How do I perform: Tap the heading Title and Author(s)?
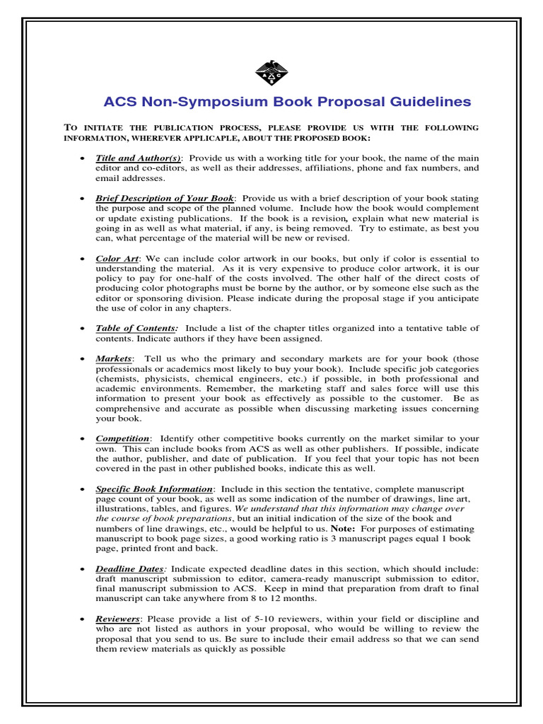pyautogui.click(x=138, y=158)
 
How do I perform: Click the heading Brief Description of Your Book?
pyautogui.click(x=164, y=198)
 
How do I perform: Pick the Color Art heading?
pyautogui.click(x=117, y=259)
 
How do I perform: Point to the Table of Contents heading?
pyautogui.click(x=136, y=328)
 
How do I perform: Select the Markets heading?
pyautogui.click(x=114, y=358)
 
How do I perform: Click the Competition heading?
pyautogui.click(x=122, y=438)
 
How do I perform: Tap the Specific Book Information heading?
pyautogui.click(x=154, y=489)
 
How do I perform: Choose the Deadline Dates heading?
pyautogui.click(x=130, y=568)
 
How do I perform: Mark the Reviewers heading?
pyautogui.click(x=118, y=619)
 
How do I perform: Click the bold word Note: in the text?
pyautogui.click(x=345, y=529)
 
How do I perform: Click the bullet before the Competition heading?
pyautogui.click(x=84, y=439)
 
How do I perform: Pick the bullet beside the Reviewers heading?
pyautogui.click(x=84, y=619)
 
